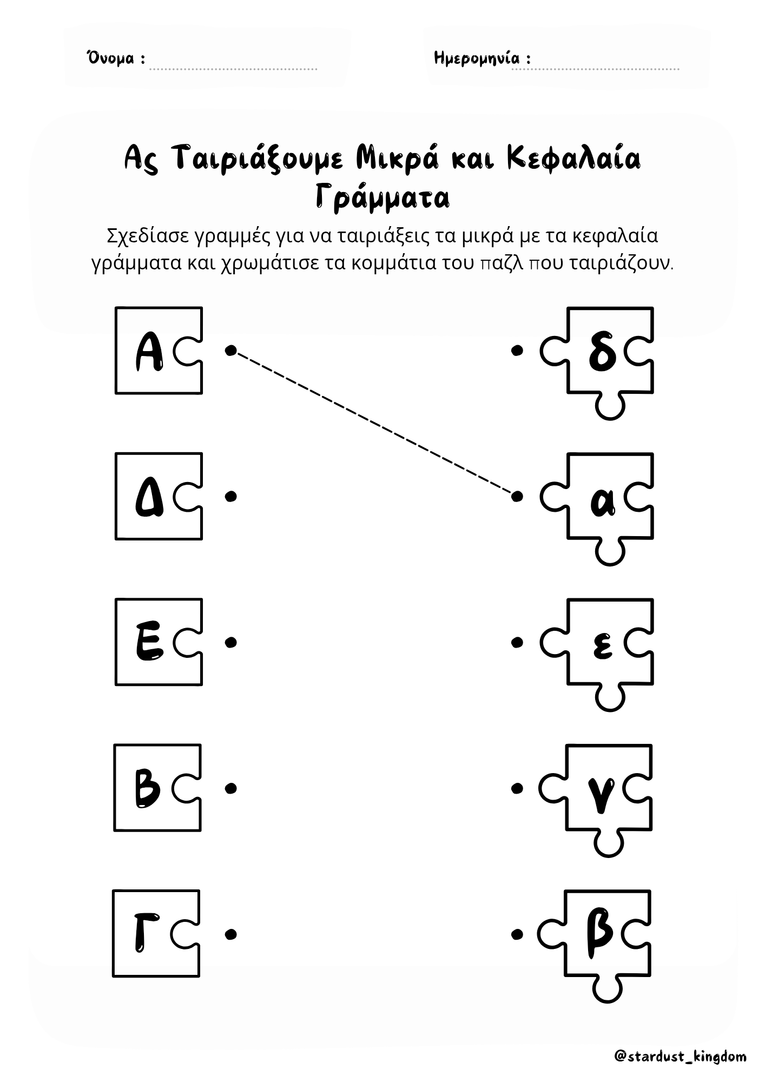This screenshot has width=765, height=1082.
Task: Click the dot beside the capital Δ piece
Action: coord(231,496)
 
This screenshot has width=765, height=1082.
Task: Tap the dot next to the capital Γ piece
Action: coord(231,934)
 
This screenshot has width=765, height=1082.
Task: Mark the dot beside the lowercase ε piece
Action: coord(517,642)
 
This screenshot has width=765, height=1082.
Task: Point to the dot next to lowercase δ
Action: coord(517,351)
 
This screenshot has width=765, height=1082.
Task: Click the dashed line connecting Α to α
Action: coord(374,423)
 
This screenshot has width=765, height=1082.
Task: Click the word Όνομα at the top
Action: coord(110,58)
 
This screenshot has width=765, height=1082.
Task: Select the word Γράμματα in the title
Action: coord(382,199)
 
